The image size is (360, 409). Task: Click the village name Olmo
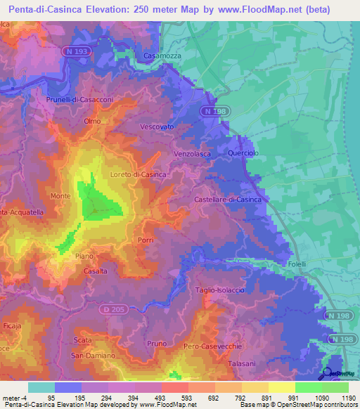[92, 121]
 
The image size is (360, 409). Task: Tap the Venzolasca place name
[193, 154]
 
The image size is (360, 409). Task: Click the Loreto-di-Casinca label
[138, 174]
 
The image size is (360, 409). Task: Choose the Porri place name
[146, 240]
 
